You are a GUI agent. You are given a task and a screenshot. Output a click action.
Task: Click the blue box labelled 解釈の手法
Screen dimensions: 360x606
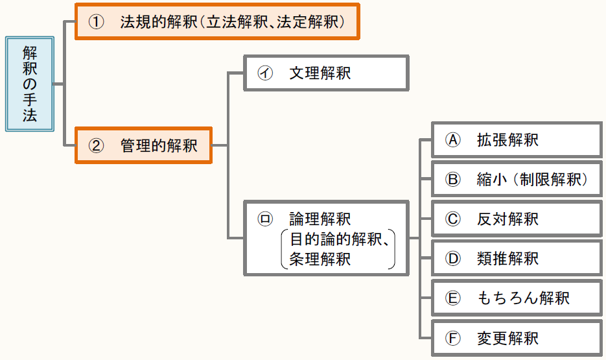click(x=30, y=84)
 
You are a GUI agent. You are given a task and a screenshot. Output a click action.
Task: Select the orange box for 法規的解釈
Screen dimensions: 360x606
click(x=216, y=21)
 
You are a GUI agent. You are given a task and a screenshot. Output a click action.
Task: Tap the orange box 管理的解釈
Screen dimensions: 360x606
click(x=143, y=145)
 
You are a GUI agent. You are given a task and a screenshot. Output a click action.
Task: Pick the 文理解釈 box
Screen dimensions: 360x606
click(x=325, y=73)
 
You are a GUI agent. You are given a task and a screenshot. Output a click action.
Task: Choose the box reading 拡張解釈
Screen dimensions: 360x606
click(x=517, y=139)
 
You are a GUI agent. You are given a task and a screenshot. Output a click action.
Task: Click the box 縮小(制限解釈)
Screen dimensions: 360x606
click(x=517, y=180)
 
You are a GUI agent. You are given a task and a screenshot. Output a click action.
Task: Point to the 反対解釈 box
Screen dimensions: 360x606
click(x=517, y=219)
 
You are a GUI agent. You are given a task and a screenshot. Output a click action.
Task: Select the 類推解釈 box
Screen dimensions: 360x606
click(x=517, y=259)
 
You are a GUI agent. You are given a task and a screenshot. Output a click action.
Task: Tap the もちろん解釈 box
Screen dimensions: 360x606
click(x=517, y=298)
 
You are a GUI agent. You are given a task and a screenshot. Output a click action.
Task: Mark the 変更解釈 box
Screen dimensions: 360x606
click(x=517, y=338)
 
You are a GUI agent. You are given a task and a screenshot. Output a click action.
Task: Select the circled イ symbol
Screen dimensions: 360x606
click(x=264, y=73)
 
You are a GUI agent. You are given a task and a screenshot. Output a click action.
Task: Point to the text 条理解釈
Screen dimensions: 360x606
click(x=320, y=259)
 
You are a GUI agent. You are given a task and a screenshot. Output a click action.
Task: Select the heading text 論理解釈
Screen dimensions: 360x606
click(x=320, y=219)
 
